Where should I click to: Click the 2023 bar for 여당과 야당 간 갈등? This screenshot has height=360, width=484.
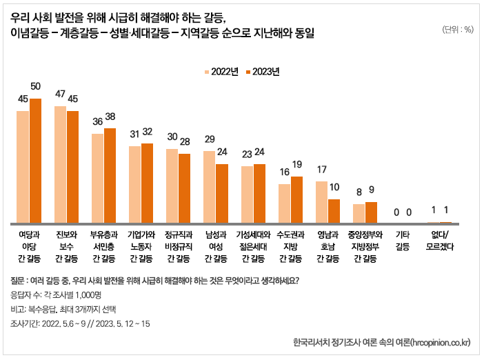point(35,161)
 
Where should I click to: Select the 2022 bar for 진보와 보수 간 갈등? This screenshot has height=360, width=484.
point(60,165)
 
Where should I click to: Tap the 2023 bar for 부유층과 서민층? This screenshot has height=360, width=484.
point(110,176)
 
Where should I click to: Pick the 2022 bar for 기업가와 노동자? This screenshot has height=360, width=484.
point(134,184)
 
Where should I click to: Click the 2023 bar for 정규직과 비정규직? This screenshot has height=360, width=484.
point(184,188)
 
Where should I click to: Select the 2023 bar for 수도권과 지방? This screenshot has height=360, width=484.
point(296,199)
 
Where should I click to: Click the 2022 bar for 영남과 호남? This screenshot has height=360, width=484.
point(321,202)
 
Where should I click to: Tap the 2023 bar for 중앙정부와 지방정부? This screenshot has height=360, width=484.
point(371,212)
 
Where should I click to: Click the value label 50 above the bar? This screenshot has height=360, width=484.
point(35,86)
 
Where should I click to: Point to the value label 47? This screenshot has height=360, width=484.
point(60,94)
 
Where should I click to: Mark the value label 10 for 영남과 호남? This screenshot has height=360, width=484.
point(334,187)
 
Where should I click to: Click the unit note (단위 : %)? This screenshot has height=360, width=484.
point(457,29)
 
